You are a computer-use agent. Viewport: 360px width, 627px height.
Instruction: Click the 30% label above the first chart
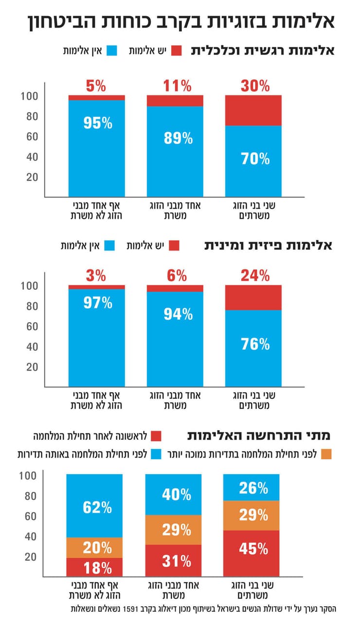(x=255, y=86)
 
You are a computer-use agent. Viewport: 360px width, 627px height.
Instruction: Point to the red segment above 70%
(x=253, y=110)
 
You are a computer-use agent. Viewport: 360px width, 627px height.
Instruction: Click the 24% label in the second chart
(x=255, y=276)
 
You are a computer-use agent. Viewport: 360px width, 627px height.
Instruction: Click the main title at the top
(x=180, y=22)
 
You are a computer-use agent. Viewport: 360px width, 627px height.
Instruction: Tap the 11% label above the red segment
(x=176, y=86)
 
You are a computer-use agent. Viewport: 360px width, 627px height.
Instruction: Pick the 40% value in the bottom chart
(x=177, y=494)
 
